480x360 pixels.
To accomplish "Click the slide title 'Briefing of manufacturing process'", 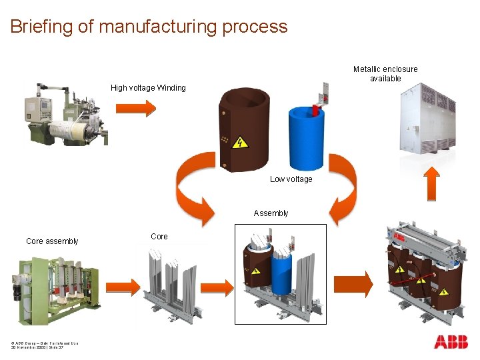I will pyautogui.click(x=149, y=27).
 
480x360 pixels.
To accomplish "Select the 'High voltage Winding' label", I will pyautogui.click(x=148, y=88).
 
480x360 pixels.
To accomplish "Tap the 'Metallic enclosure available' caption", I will pyautogui.click(x=385, y=74).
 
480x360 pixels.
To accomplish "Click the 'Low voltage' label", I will pyautogui.click(x=291, y=179).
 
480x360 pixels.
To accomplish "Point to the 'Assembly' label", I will pyautogui.click(x=271, y=213).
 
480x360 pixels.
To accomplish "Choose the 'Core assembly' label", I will pyautogui.click(x=52, y=241).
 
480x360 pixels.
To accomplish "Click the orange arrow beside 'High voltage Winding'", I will pyautogui.click(x=141, y=107).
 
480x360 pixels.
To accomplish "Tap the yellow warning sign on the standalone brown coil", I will pyautogui.click(x=239, y=142).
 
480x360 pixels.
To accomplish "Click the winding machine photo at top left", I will pyautogui.click(x=65, y=113).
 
